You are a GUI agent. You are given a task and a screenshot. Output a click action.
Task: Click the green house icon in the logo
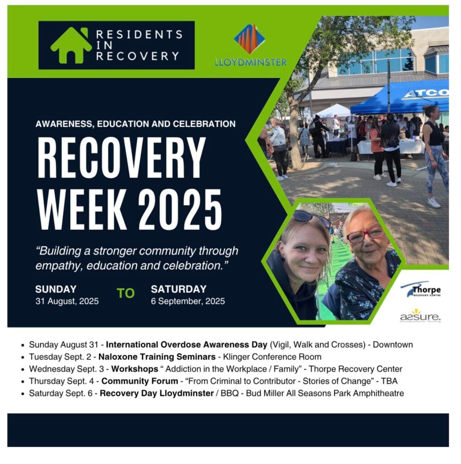coord(71,46)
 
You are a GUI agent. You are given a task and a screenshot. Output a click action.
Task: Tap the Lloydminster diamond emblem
coord(250,39)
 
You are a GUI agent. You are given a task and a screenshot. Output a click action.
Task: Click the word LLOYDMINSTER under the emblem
coord(251,63)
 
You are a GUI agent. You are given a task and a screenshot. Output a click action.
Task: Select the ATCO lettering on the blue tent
coord(426,93)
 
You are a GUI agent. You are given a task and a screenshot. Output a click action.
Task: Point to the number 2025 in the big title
coord(180,209)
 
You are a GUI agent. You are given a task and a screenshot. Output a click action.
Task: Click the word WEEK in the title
coord(82,209)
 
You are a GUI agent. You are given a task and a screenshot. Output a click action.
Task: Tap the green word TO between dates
coord(126,293)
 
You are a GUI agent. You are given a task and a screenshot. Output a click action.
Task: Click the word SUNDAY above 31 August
coord(56,289)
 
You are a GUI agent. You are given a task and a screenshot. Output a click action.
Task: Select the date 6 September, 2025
coord(188,301)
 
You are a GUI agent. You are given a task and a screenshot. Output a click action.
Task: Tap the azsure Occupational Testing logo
coord(420,316)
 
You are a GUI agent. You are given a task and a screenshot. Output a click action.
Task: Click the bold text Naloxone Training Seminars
coord(157,357)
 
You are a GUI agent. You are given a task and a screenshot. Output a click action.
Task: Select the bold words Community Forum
coord(140,381)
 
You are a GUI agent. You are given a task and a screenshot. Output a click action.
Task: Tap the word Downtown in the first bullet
coord(393,345)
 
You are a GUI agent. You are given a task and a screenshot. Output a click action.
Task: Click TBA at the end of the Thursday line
coord(389,381)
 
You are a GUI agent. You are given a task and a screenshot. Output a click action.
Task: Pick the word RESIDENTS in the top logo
coord(139,34)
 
